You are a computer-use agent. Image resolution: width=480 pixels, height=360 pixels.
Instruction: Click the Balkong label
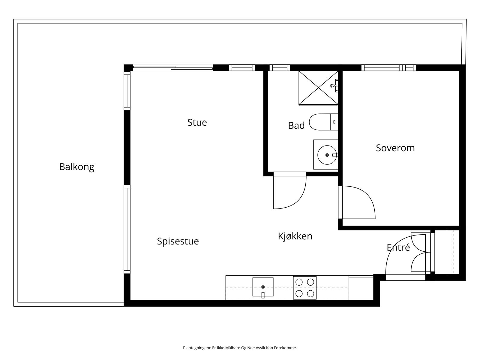(77, 167)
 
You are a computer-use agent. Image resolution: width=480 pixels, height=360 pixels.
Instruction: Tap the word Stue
(197, 122)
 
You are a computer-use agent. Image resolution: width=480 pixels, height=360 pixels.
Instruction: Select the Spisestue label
(178, 241)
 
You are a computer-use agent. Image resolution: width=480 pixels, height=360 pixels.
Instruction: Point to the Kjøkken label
(295, 236)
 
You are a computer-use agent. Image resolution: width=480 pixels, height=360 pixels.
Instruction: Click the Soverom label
(395, 148)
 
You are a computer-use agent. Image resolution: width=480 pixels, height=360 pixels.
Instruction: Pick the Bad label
(296, 125)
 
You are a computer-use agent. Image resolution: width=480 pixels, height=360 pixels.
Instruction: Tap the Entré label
(398, 247)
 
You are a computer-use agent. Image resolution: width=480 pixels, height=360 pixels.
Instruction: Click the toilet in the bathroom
(323, 122)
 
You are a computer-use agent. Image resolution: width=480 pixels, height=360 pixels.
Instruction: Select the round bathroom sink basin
(327, 155)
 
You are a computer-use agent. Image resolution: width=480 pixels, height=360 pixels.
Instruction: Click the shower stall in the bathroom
(318, 88)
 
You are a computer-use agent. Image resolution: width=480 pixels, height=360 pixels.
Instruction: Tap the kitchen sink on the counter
(263, 287)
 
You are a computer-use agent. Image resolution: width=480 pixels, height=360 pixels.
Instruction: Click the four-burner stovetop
(304, 288)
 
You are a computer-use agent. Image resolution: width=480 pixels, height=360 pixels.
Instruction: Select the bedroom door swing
(357, 202)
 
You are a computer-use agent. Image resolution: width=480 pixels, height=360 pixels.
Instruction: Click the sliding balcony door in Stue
(173, 68)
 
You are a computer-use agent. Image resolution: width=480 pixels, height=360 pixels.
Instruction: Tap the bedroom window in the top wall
(388, 68)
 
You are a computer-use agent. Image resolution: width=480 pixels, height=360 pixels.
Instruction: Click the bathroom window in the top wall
(280, 68)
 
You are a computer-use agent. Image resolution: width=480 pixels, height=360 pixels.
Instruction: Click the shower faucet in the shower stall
(334, 85)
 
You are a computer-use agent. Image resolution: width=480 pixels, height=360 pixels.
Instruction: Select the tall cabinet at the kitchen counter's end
(361, 288)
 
